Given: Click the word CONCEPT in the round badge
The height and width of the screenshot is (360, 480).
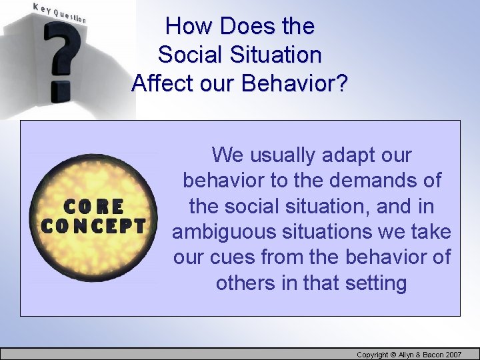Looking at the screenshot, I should pos(93,227).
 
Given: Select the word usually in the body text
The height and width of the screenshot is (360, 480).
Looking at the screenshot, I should pos(283,155).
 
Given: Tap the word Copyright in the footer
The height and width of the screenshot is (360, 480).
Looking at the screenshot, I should pos(377,354).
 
